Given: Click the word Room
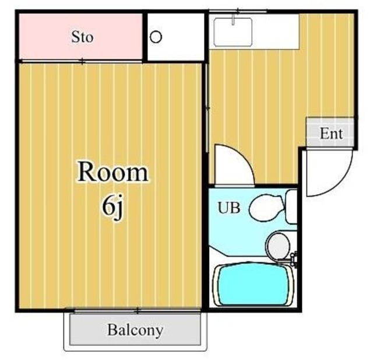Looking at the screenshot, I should [x=113, y=173].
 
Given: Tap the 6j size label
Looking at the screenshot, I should [x=113, y=207].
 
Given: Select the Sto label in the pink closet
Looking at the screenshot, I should [x=82, y=37].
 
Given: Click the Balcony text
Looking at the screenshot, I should [x=135, y=330].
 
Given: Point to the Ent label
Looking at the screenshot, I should [x=331, y=134].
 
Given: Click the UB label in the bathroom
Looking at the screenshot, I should [x=228, y=208].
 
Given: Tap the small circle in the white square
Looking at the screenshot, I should [x=156, y=37].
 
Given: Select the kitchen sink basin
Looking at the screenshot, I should [x=233, y=32].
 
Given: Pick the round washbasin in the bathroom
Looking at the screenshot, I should [x=278, y=246].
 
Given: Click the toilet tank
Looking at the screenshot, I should [x=291, y=205].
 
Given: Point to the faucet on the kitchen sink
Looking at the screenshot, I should [x=233, y=20].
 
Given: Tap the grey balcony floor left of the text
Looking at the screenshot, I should [x=87, y=330].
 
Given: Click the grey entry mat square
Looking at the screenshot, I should [x=330, y=133].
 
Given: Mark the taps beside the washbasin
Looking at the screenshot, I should [x=294, y=257].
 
